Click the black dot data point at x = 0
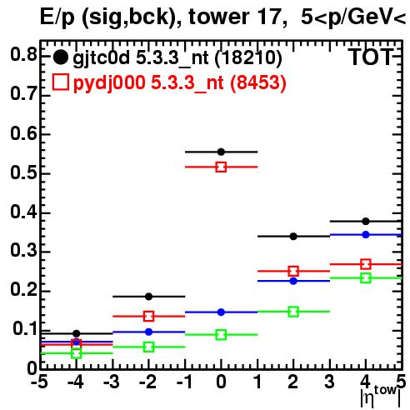[x=221, y=152]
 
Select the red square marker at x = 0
[x=221, y=167]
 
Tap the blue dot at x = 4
[x=366, y=235]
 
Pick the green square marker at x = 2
[x=293, y=312]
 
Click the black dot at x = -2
[x=149, y=297]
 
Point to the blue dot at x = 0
[x=221, y=312]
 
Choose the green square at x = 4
[x=366, y=277]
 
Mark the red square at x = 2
[x=293, y=271]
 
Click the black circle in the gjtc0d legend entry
[x=60, y=57]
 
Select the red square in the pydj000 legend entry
[x=60, y=82]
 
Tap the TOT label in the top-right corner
[x=371, y=57]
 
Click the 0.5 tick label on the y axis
[x=23, y=173]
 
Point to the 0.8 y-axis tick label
[x=23, y=54]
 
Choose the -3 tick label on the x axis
[x=112, y=382]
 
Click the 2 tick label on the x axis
[x=293, y=382]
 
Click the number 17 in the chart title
[x=268, y=17]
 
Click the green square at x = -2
[x=149, y=347]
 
